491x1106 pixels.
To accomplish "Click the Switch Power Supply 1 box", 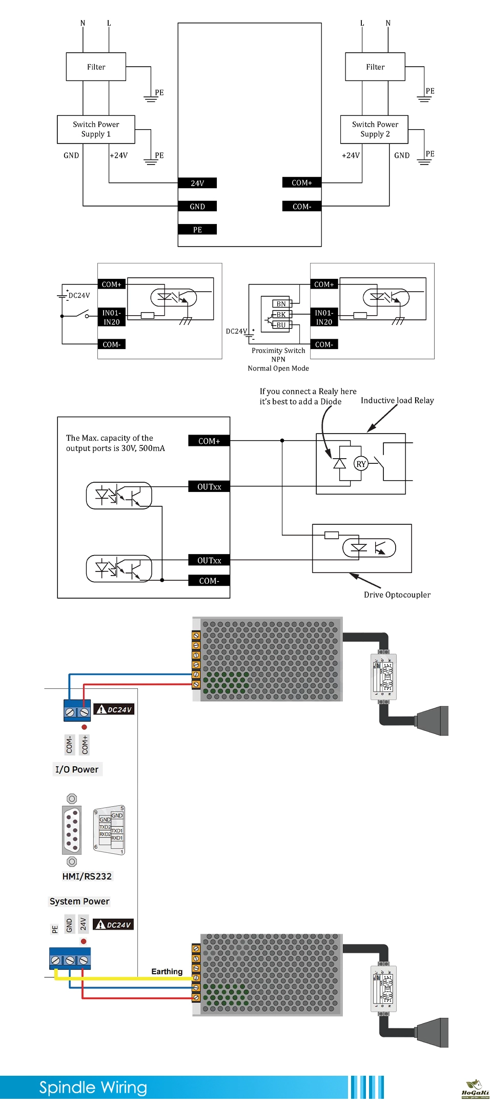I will [96, 129].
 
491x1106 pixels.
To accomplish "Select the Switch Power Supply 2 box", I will [375, 129].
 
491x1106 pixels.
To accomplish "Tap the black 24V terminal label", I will [197, 183].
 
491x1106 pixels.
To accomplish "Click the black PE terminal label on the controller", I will [197, 230].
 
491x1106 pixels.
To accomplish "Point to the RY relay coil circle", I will [361, 464].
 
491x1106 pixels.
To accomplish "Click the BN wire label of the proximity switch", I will [281, 304].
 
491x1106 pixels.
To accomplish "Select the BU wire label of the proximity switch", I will [281, 325].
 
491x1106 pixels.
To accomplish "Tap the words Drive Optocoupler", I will [397, 595].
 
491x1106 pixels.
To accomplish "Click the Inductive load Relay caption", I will [397, 400].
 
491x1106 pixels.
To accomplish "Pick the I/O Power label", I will [77, 769].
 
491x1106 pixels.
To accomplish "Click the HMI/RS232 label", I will [87, 876].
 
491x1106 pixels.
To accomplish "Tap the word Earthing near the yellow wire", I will [167, 971].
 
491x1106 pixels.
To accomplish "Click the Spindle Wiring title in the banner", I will [93, 1087].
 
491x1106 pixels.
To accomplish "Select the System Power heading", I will [79, 901].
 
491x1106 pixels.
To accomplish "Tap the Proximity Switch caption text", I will [278, 351].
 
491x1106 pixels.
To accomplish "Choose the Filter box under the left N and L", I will [96, 67].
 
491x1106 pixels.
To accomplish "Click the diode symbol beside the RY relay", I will [339, 463].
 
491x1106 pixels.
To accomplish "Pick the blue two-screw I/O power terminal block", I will [77, 711].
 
